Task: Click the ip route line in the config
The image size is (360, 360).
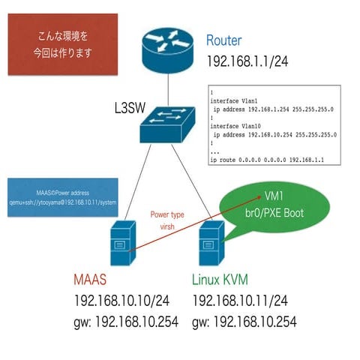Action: (267, 160)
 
